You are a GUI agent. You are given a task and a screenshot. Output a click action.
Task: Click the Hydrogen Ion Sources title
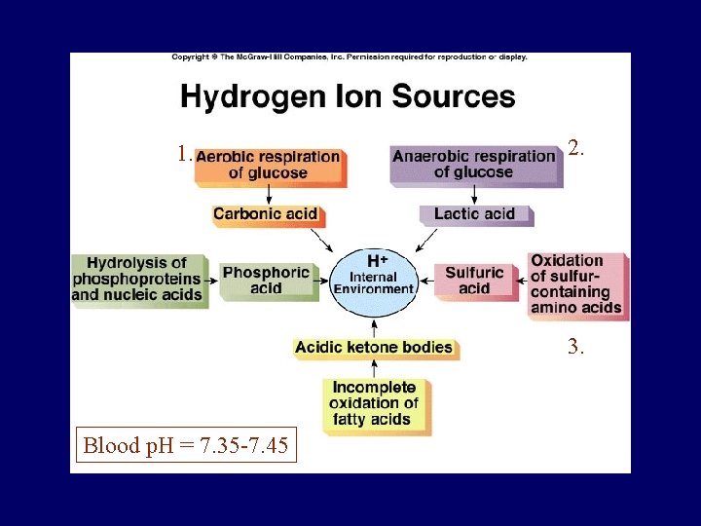(348, 97)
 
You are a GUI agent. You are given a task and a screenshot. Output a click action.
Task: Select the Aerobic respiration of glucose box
(268, 165)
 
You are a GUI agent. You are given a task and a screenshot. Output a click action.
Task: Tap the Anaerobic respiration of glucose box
(474, 164)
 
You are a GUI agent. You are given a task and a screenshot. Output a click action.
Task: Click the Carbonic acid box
(266, 213)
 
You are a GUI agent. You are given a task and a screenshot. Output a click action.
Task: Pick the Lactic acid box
(474, 213)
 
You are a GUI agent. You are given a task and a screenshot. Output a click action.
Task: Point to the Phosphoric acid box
(266, 281)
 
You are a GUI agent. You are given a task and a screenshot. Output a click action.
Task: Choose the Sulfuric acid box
(474, 281)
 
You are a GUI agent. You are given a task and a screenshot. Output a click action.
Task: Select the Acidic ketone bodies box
(374, 347)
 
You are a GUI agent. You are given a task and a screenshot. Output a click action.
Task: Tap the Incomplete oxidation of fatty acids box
(374, 403)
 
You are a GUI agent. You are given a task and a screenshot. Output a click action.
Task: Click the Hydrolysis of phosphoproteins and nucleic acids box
(138, 279)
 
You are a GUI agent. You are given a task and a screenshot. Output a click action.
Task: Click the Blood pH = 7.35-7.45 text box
(185, 447)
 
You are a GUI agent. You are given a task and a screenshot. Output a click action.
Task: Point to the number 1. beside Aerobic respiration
(184, 154)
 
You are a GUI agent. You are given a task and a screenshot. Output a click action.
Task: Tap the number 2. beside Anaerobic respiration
(575, 149)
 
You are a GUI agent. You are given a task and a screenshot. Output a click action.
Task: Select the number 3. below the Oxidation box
(575, 346)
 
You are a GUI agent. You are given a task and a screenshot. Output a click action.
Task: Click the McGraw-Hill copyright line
(350, 57)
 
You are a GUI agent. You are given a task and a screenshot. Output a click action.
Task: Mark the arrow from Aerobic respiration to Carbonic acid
(268, 195)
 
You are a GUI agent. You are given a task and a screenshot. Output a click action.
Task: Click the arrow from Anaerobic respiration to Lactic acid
(474, 195)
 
